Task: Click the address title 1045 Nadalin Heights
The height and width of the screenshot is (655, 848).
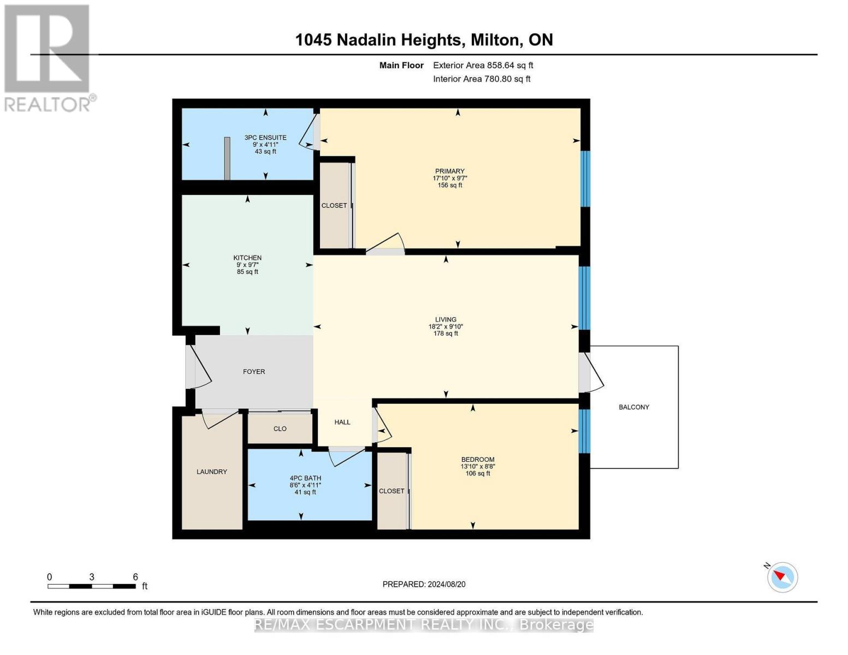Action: (x=424, y=40)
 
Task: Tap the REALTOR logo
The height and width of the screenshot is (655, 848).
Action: (x=48, y=58)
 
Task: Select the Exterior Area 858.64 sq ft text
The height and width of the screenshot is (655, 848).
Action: (x=483, y=65)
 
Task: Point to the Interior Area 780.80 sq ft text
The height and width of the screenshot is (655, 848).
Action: (x=482, y=79)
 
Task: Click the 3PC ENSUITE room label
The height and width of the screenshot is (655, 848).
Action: (x=265, y=138)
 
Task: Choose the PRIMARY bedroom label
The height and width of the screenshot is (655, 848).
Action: (x=449, y=171)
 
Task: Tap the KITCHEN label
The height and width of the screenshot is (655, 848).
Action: (x=247, y=258)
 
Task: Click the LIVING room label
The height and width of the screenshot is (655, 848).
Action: (x=446, y=320)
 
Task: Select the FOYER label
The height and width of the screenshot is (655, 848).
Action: (x=254, y=372)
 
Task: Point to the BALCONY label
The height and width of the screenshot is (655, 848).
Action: (x=634, y=407)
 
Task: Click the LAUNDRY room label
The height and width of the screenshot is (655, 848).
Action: (x=212, y=472)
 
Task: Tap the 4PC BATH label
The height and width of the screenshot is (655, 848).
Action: (x=305, y=478)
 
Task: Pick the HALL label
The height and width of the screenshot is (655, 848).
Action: (x=342, y=422)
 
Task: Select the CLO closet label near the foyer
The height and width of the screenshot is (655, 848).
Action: (x=280, y=429)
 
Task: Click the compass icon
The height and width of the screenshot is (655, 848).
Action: (x=782, y=577)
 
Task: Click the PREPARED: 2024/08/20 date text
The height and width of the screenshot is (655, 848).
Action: (x=424, y=585)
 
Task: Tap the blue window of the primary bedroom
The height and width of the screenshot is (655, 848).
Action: (x=585, y=178)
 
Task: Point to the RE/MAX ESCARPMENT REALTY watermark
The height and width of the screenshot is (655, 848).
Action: (x=424, y=624)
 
